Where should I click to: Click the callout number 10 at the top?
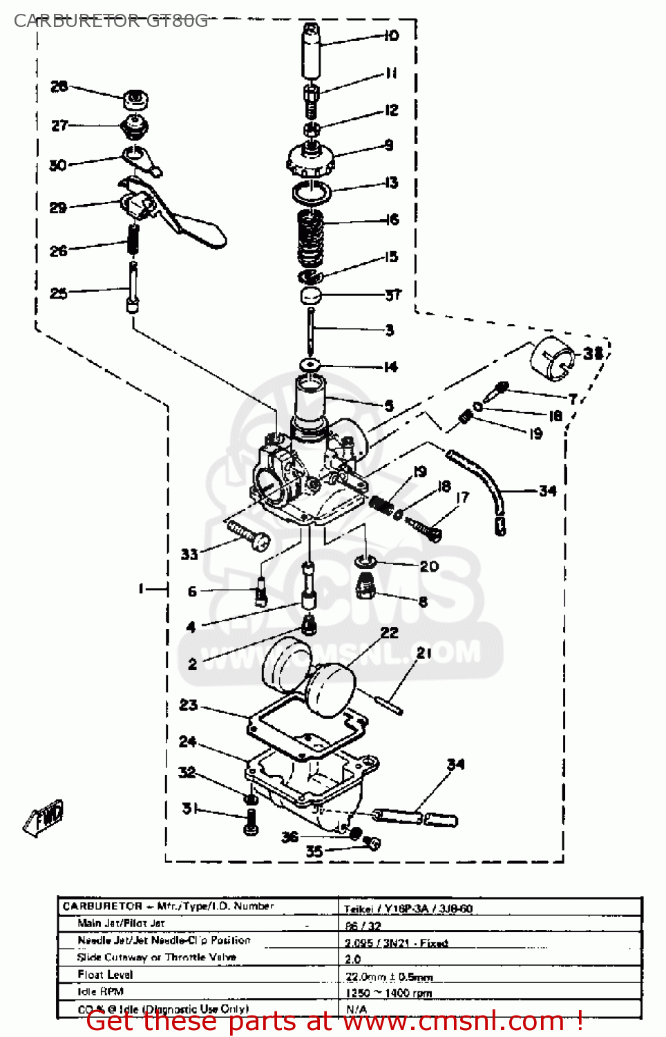(392, 35)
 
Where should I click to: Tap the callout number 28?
(59, 86)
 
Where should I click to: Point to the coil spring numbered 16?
(310, 239)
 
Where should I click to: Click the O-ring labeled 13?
(311, 192)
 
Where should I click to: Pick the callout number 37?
(393, 295)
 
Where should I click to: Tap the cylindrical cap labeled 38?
(553, 358)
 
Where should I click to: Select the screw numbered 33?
(248, 536)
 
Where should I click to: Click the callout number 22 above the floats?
(390, 633)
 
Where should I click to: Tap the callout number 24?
(188, 742)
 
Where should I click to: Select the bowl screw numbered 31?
(251, 821)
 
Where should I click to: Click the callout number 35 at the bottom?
(314, 851)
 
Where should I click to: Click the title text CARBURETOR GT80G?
(111, 21)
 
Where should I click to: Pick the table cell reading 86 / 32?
(363, 926)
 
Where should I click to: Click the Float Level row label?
(105, 974)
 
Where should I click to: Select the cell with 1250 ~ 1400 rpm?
(389, 993)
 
